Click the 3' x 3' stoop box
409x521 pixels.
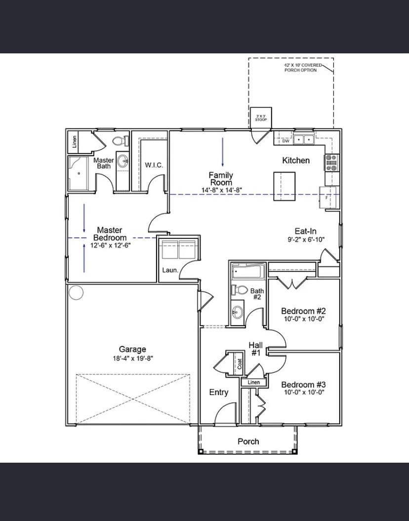pos(261,118)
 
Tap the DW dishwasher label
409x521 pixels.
pos(286,141)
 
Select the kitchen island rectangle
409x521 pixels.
pos(285,186)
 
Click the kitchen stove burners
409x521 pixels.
pos(331,163)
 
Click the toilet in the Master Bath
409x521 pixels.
pos(121,141)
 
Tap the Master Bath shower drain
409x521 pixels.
pos(79,173)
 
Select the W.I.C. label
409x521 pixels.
pos(154,165)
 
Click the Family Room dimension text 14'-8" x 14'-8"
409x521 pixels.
pos(222,190)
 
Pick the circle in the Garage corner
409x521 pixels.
pos(76,293)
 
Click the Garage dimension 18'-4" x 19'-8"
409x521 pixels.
pos(132,358)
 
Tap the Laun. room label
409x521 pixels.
pos(170,270)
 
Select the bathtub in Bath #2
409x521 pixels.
pos(248,271)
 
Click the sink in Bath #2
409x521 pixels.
pos(238,311)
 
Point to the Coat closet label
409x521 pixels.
pos(240,364)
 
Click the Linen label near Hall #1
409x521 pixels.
pos(253,383)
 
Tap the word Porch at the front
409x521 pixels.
pos(248,441)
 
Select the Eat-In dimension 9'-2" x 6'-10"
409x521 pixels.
pos(306,239)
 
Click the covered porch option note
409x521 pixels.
pos(302,68)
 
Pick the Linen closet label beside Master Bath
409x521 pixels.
pos(75,141)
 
